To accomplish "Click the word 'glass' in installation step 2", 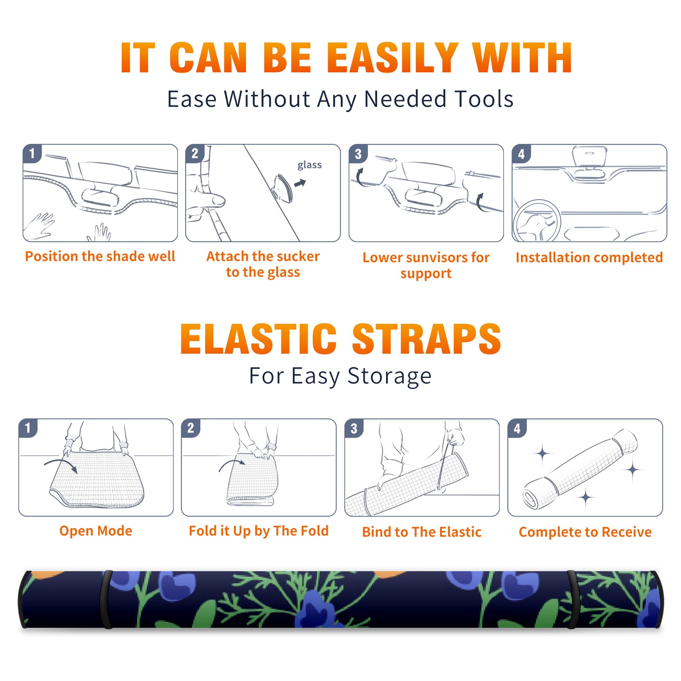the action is coord(309,165).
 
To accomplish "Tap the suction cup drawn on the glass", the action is coord(283,188).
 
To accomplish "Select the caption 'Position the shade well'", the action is coord(100,256).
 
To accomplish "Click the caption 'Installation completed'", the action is coord(589,257).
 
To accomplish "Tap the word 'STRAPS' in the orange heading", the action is coord(426,339).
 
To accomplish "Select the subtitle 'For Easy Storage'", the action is coord(340,376).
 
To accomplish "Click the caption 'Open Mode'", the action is coord(96,531).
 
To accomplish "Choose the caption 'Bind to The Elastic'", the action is coord(422,532).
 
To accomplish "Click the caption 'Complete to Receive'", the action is coord(585,532).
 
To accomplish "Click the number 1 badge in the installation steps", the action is coord(32,153).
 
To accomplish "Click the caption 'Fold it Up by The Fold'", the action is coord(259,531).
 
